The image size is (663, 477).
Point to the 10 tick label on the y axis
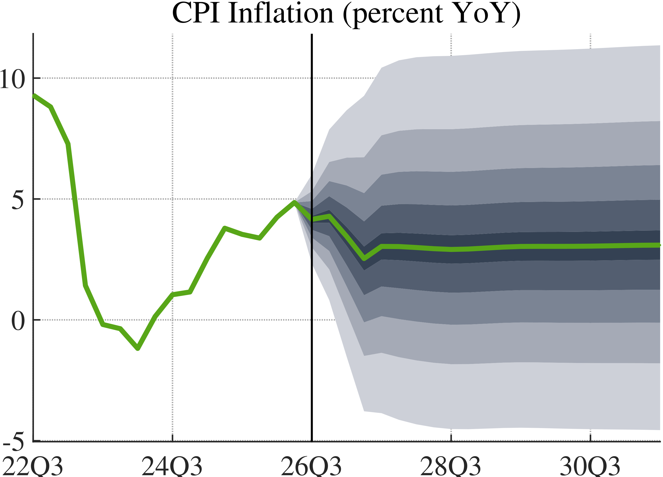[12, 79]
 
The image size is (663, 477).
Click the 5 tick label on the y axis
[18, 200]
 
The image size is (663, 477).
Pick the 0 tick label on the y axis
[18, 321]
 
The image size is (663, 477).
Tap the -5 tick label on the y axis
[13, 442]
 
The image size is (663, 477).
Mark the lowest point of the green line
[138, 349]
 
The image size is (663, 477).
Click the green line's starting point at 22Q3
[34, 96]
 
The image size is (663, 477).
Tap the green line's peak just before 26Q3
[295, 202]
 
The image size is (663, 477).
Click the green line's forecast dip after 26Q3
[364, 259]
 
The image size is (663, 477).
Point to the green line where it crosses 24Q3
[172, 295]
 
